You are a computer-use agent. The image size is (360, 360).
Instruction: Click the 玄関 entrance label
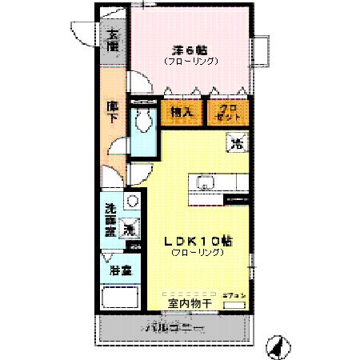coord(112,41)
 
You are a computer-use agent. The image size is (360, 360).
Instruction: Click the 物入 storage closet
coord(181,113)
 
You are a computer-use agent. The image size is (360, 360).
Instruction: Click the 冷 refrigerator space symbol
coord(237,144)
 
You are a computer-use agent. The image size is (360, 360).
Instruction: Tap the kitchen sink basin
coord(202,182)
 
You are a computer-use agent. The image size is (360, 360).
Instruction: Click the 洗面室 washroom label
coord(112,221)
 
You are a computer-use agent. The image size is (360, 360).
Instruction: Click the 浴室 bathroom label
coord(118,270)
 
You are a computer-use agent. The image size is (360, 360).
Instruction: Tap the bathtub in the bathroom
coord(119,302)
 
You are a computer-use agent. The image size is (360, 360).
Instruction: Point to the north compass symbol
coord(276,346)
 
